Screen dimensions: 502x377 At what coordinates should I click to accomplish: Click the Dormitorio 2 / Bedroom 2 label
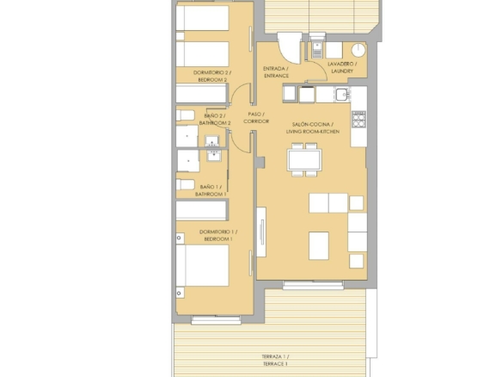click(x=212, y=76)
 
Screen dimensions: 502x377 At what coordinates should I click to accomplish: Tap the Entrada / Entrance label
click(x=276, y=72)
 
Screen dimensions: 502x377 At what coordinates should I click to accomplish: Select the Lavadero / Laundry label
click(x=342, y=67)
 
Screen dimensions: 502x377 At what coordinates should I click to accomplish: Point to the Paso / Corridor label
click(x=256, y=118)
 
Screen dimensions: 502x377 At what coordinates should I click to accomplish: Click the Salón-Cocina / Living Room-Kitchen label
click(x=313, y=128)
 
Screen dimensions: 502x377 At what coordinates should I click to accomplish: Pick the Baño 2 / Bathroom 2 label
click(x=215, y=120)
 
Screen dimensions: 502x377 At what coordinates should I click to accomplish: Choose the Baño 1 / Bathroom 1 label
click(x=211, y=190)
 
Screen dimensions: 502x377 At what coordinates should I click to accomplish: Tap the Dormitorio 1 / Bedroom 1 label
click(x=218, y=235)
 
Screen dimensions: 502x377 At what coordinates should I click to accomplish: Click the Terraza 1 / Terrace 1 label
click(x=275, y=360)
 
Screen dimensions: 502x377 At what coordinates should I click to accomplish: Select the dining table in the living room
click(x=304, y=160)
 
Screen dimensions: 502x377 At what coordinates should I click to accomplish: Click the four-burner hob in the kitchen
click(x=358, y=120)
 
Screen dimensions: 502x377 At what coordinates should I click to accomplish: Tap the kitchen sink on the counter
click(x=342, y=95)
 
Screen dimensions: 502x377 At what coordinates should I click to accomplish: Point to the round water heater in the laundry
click(x=358, y=50)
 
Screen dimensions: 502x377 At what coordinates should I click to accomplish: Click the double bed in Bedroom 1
click(x=202, y=265)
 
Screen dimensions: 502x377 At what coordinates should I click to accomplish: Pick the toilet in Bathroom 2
click(x=186, y=115)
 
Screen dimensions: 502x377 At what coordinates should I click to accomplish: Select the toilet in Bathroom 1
click(x=186, y=185)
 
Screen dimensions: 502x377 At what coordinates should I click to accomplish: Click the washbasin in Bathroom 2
click(x=212, y=141)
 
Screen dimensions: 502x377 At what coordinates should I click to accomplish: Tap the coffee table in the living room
click(x=319, y=245)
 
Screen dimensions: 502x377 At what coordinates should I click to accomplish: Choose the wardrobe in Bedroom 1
click(x=201, y=210)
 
